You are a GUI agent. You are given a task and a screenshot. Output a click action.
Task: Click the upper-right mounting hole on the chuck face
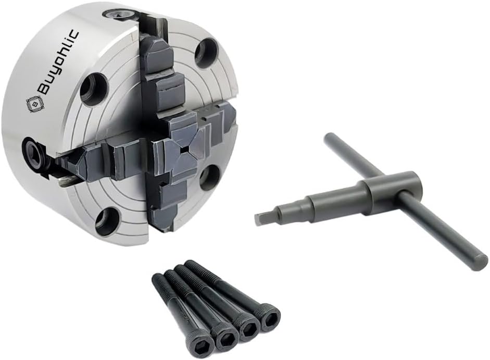point(206,52)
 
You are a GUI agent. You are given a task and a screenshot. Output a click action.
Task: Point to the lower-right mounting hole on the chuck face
point(209,177)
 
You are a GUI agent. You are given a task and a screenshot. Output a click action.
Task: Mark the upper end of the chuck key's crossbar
point(329,140)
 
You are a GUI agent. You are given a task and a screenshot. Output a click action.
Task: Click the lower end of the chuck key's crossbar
point(479,263)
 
